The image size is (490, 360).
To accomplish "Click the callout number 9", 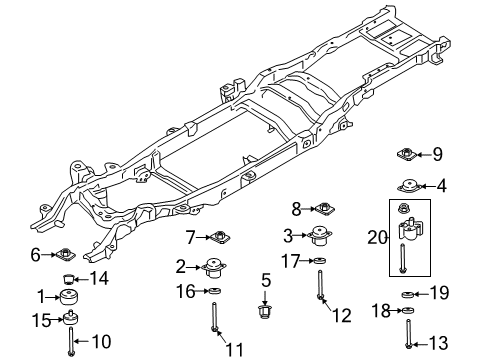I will pyautogui.click(x=437, y=154).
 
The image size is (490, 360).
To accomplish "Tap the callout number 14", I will pyautogui.click(x=98, y=278).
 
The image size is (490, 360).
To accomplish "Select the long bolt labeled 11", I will pyautogui.click(x=214, y=331).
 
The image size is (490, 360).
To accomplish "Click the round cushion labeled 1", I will pyautogui.click(x=70, y=299).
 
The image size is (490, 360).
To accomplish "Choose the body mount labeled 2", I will pyautogui.click(x=213, y=268).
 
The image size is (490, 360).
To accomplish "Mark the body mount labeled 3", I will pyautogui.click(x=317, y=237).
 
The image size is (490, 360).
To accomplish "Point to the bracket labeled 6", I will pyautogui.click(x=63, y=255).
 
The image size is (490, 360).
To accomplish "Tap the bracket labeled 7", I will pyautogui.click(x=219, y=237).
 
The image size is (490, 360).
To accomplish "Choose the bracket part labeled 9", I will pyautogui.click(x=407, y=154).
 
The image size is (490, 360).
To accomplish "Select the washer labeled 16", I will pyautogui.click(x=214, y=291).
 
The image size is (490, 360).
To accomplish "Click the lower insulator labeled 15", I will pyautogui.click(x=71, y=320).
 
